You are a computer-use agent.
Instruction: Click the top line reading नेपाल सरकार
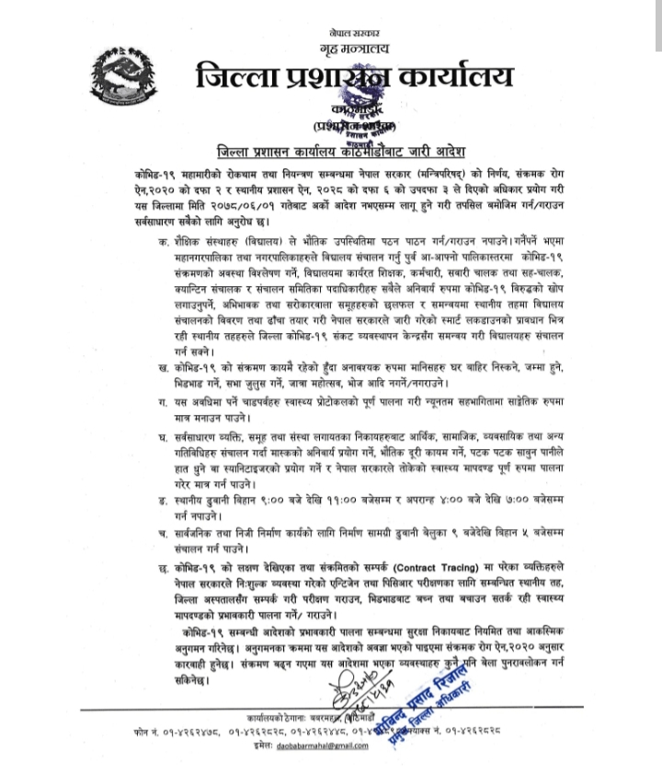(355, 32)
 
